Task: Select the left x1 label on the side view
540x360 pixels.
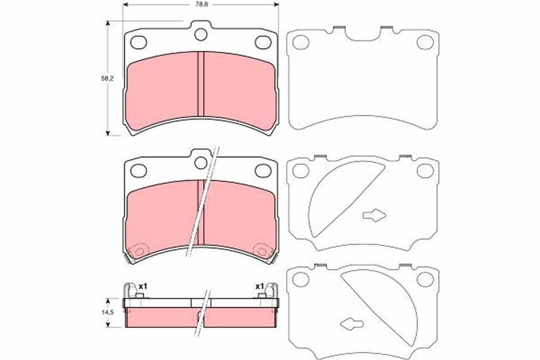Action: click(143, 286)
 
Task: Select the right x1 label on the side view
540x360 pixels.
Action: click(259, 286)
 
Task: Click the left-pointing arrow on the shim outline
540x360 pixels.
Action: click(351, 323)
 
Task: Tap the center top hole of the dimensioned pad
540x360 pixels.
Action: click(201, 34)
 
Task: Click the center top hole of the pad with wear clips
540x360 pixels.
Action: click(201, 162)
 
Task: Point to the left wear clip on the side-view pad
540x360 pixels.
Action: click(130, 290)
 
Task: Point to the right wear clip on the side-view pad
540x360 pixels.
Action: click(272, 290)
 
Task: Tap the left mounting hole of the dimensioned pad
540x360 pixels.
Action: click(138, 42)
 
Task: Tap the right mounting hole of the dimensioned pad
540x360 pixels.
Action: click(263, 42)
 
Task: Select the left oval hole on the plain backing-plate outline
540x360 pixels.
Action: click(301, 42)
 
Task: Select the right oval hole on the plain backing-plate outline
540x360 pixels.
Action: click(425, 42)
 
